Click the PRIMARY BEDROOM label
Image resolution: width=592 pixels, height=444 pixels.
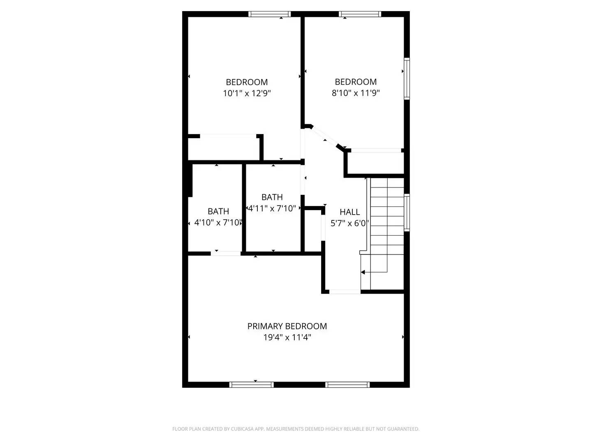287,326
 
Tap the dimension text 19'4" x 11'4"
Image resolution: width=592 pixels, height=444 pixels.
287,338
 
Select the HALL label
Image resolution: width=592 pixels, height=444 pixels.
349,212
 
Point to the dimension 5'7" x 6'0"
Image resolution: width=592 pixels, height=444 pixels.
349,223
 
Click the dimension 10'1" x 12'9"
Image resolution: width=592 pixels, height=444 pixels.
247,93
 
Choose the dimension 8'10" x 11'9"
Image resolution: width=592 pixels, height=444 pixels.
356,93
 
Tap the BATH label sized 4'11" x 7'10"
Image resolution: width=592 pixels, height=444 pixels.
272,197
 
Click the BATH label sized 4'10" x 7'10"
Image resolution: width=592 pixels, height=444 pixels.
218,211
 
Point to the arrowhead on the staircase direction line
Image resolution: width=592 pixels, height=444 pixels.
363,272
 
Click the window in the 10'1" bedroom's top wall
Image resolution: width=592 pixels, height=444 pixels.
270,14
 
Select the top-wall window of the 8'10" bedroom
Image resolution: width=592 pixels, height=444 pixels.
360,14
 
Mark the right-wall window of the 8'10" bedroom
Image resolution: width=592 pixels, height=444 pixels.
407,79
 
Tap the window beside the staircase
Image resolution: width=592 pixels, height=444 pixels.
407,213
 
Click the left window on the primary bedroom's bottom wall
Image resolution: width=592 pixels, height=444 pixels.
251,385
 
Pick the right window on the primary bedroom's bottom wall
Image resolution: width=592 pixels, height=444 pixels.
347,385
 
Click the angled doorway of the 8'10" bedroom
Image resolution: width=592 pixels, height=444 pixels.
324,137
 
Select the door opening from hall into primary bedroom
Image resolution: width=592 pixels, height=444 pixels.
345,291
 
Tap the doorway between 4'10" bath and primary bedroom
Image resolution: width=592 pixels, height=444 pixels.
226,253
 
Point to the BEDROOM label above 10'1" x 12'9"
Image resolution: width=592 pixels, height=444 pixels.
247,82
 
